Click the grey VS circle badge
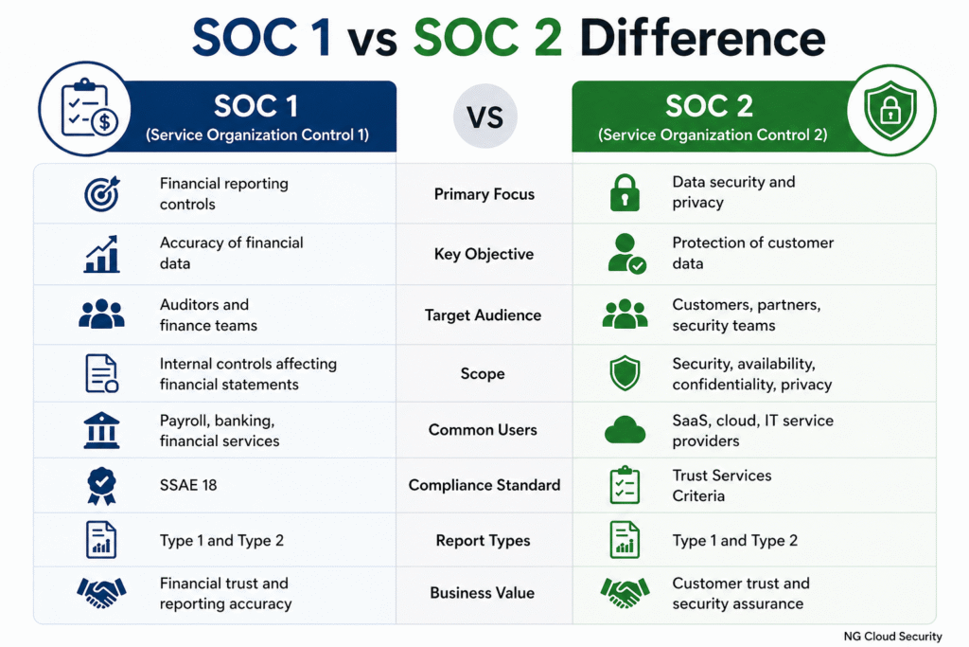[x=484, y=116]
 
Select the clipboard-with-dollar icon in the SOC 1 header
[x=82, y=111]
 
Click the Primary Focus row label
[x=484, y=194]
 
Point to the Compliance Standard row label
[x=484, y=485]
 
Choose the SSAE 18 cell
[x=188, y=485]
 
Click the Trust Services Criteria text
[x=721, y=485]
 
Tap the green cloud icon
[x=625, y=430]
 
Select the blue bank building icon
[x=101, y=430]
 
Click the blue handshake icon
[x=101, y=593]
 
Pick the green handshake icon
[x=625, y=593]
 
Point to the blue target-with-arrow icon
[x=101, y=194]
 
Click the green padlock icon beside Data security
[x=625, y=192]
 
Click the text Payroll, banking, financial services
[x=219, y=430]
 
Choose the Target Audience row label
[x=483, y=315]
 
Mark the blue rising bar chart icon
[x=101, y=254]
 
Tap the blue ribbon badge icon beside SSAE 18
[x=101, y=485]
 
